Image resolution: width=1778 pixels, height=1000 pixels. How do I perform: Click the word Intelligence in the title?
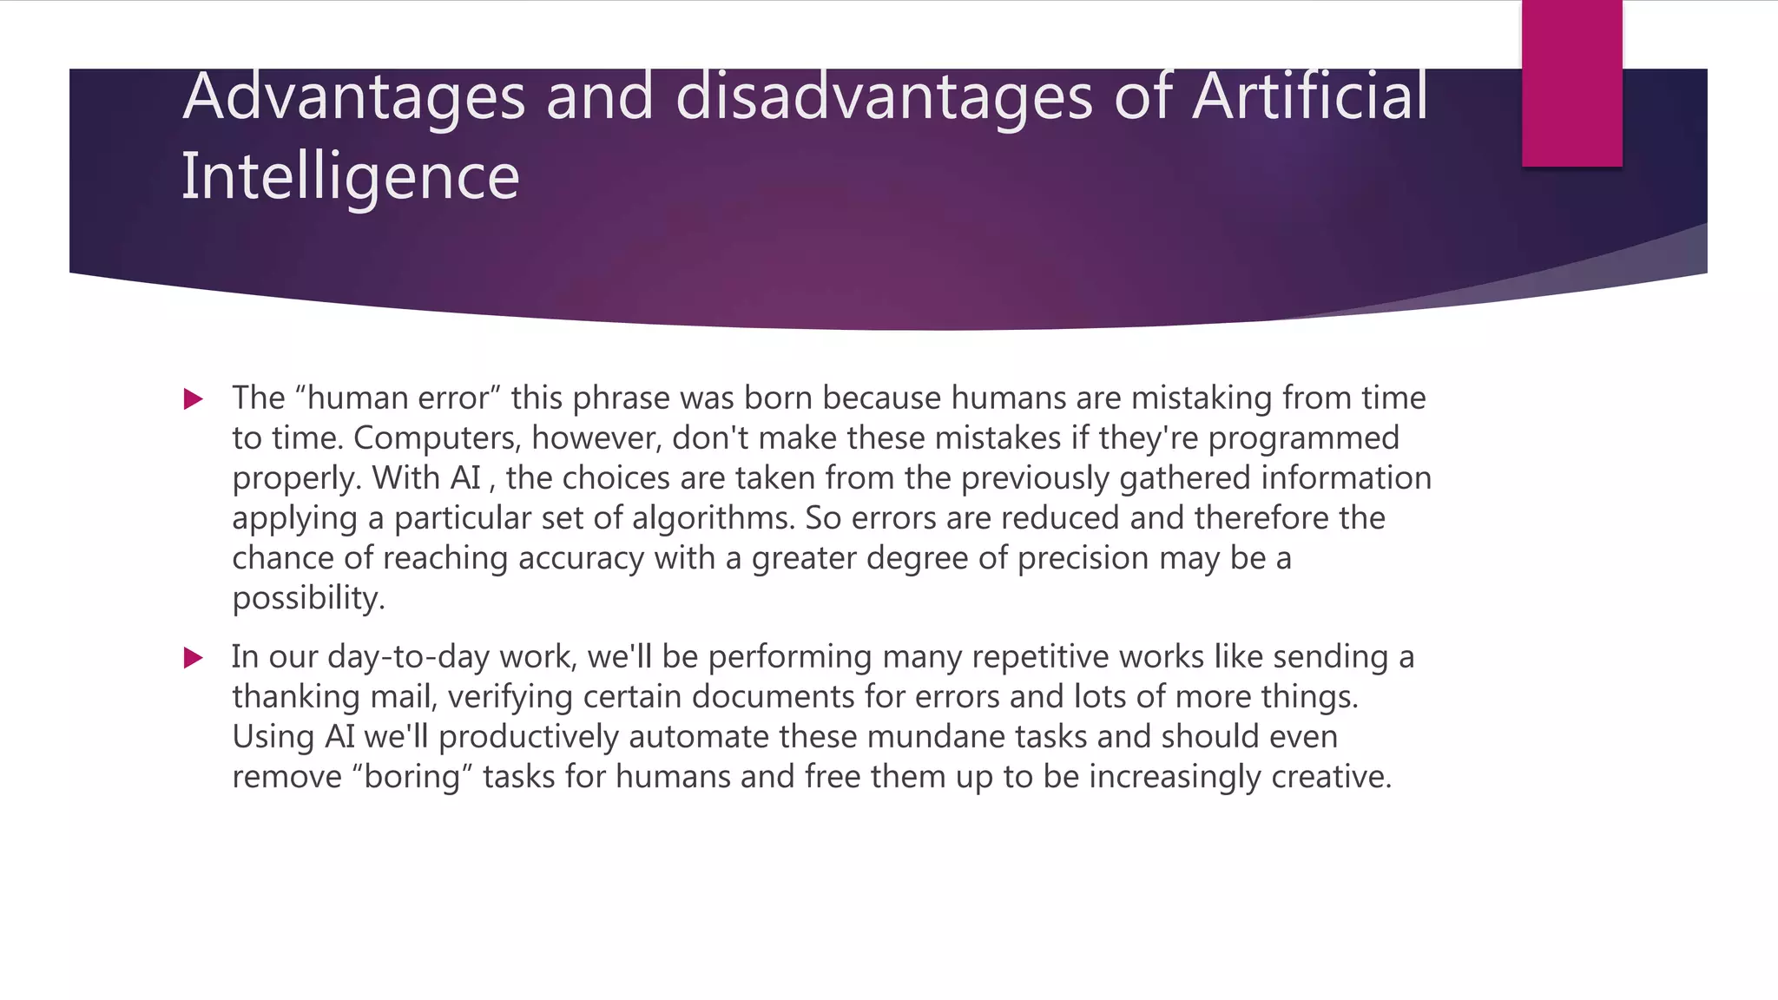[x=350, y=177]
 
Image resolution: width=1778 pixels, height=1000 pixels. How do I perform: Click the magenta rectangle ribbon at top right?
[x=1571, y=83]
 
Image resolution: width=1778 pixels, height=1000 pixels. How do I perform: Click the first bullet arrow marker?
[x=194, y=399]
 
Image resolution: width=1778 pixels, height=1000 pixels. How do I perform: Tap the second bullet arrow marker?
[x=194, y=658]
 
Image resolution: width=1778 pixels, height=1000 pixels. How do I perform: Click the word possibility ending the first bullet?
[x=308, y=598]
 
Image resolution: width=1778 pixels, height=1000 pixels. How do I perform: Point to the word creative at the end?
[x=1331, y=777]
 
